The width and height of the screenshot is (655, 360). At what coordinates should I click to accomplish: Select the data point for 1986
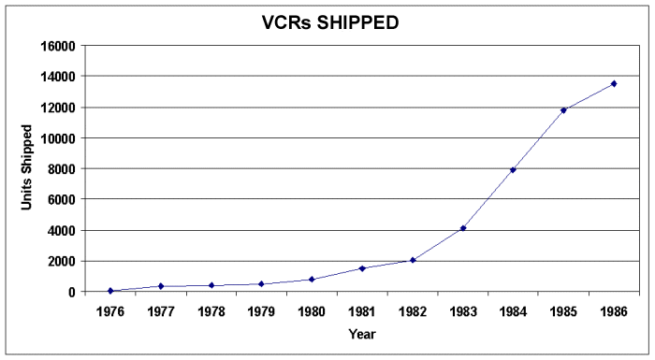point(614,83)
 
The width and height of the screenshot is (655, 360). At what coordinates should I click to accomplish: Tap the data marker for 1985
point(563,109)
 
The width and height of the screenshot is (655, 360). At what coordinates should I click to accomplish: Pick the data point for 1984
point(513,169)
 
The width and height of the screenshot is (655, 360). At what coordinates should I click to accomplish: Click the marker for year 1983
point(462,228)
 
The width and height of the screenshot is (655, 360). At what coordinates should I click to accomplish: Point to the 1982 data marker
point(413,260)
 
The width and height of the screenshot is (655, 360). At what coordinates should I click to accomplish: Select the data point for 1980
point(312,279)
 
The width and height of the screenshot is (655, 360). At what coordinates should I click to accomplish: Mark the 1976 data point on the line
point(110,291)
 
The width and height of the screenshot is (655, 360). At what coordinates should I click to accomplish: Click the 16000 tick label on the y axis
point(58,45)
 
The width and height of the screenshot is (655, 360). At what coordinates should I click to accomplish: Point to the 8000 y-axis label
point(62,168)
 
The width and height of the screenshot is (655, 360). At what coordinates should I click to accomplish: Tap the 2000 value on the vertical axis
point(62,261)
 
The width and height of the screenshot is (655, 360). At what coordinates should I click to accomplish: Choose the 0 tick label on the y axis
point(71,292)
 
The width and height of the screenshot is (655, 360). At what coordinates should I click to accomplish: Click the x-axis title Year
point(362,333)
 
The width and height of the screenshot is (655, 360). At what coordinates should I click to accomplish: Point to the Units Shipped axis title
point(29,168)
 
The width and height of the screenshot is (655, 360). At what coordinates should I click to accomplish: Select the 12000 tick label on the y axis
point(58,107)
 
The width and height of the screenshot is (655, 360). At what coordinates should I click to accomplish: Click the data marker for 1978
point(211,285)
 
